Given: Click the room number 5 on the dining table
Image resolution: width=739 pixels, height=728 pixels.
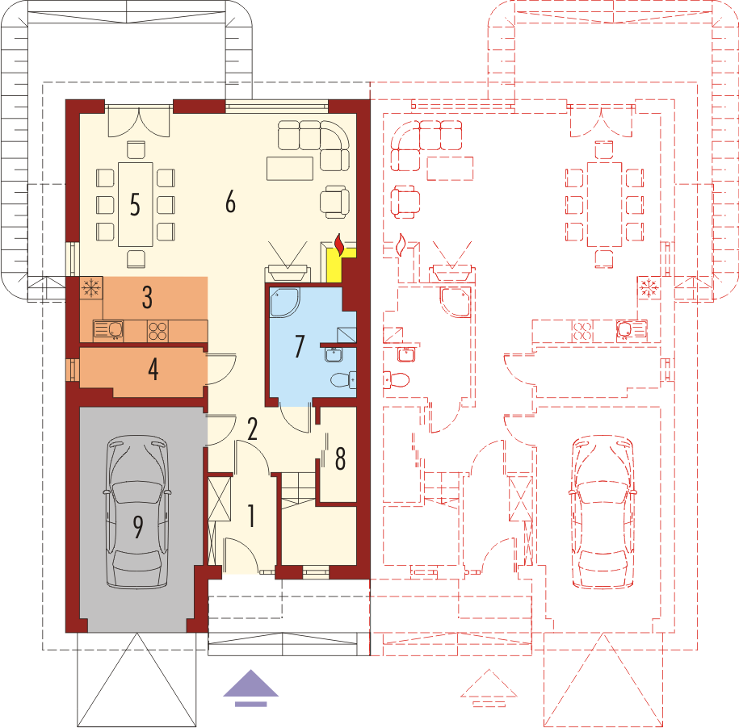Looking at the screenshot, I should pyautogui.click(x=135, y=204).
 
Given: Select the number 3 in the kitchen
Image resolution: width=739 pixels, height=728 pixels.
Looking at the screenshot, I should pyautogui.click(x=147, y=297).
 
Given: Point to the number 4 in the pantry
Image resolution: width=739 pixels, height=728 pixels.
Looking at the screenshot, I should pyautogui.click(x=153, y=370).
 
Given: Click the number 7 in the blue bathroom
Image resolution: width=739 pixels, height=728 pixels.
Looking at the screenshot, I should pyautogui.click(x=299, y=346).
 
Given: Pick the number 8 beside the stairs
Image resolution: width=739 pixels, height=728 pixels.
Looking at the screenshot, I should pyautogui.click(x=340, y=458).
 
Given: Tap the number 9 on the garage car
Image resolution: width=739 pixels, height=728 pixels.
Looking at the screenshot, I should pyautogui.click(x=137, y=528).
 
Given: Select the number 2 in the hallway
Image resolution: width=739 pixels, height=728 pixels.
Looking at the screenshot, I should pyautogui.click(x=252, y=429).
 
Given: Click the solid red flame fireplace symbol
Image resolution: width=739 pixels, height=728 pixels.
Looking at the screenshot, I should pyautogui.click(x=340, y=242).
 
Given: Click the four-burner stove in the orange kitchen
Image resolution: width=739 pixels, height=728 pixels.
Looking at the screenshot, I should pyautogui.click(x=157, y=330).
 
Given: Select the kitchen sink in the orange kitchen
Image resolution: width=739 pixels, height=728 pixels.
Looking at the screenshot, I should pyautogui.click(x=107, y=329).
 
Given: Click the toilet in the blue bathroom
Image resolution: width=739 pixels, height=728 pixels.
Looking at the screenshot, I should pyautogui.click(x=345, y=379).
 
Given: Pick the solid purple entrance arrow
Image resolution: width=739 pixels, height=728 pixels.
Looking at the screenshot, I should pyautogui.click(x=251, y=687).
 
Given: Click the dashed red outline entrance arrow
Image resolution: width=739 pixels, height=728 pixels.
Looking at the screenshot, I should pyautogui.click(x=489, y=688).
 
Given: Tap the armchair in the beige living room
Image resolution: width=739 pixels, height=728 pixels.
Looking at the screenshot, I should pyautogui.click(x=334, y=201).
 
